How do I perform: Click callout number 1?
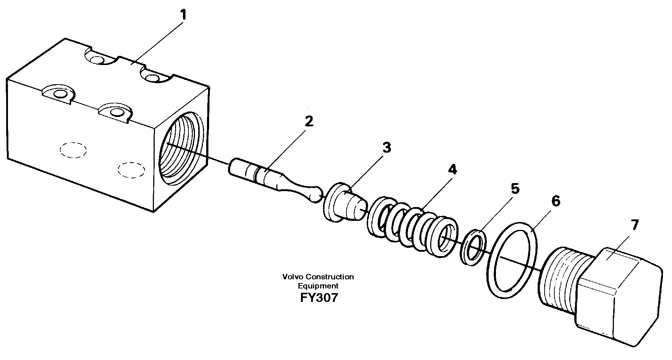(183, 16)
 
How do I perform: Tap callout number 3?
(386, 147)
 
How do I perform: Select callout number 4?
(452, 169)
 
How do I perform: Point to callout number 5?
(515, 189)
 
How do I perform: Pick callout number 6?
(555, 201)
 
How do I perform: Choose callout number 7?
(634, 226)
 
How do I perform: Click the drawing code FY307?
(319, 298)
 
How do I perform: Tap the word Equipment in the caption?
(318, 286)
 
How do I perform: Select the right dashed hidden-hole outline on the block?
(131, 169)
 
